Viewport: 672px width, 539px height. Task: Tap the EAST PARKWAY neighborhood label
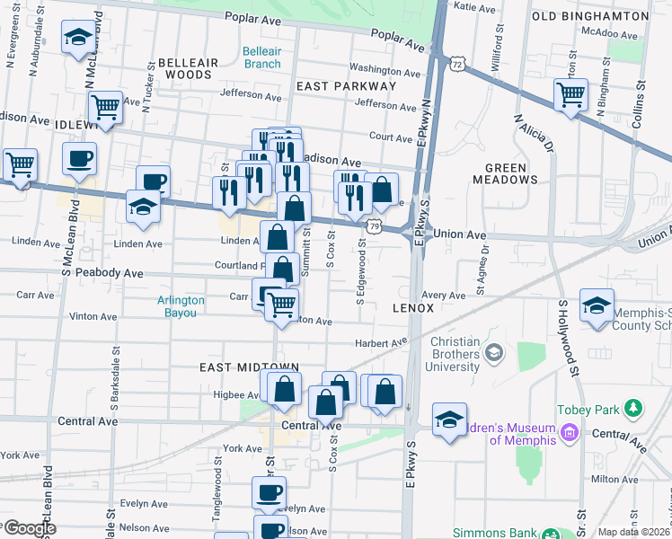[346, 86]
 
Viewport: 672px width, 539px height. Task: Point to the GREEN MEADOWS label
[511, 173]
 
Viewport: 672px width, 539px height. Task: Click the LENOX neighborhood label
[413, 308]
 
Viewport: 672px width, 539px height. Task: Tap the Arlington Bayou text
[181, 306]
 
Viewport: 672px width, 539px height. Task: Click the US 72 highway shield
[458, 65]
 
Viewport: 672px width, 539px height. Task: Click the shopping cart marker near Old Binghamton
[570, 94]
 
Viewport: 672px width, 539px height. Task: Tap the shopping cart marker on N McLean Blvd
[106, 108]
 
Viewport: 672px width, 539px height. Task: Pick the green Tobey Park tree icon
[634, 410]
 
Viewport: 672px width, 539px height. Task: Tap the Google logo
[29, 529]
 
